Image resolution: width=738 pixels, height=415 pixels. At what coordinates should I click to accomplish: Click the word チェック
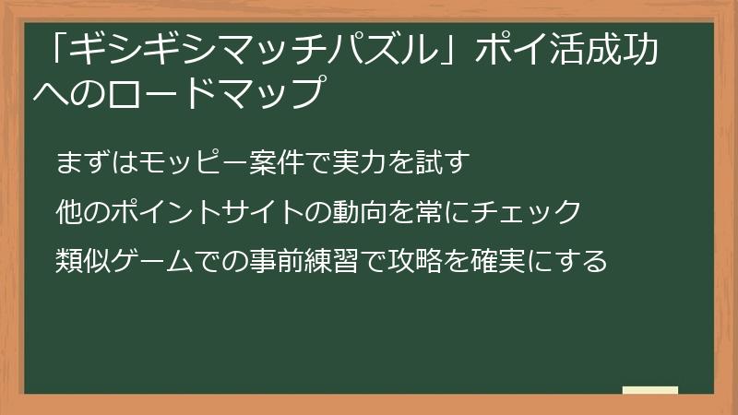527,212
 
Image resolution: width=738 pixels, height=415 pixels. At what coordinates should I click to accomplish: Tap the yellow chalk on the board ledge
649,390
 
